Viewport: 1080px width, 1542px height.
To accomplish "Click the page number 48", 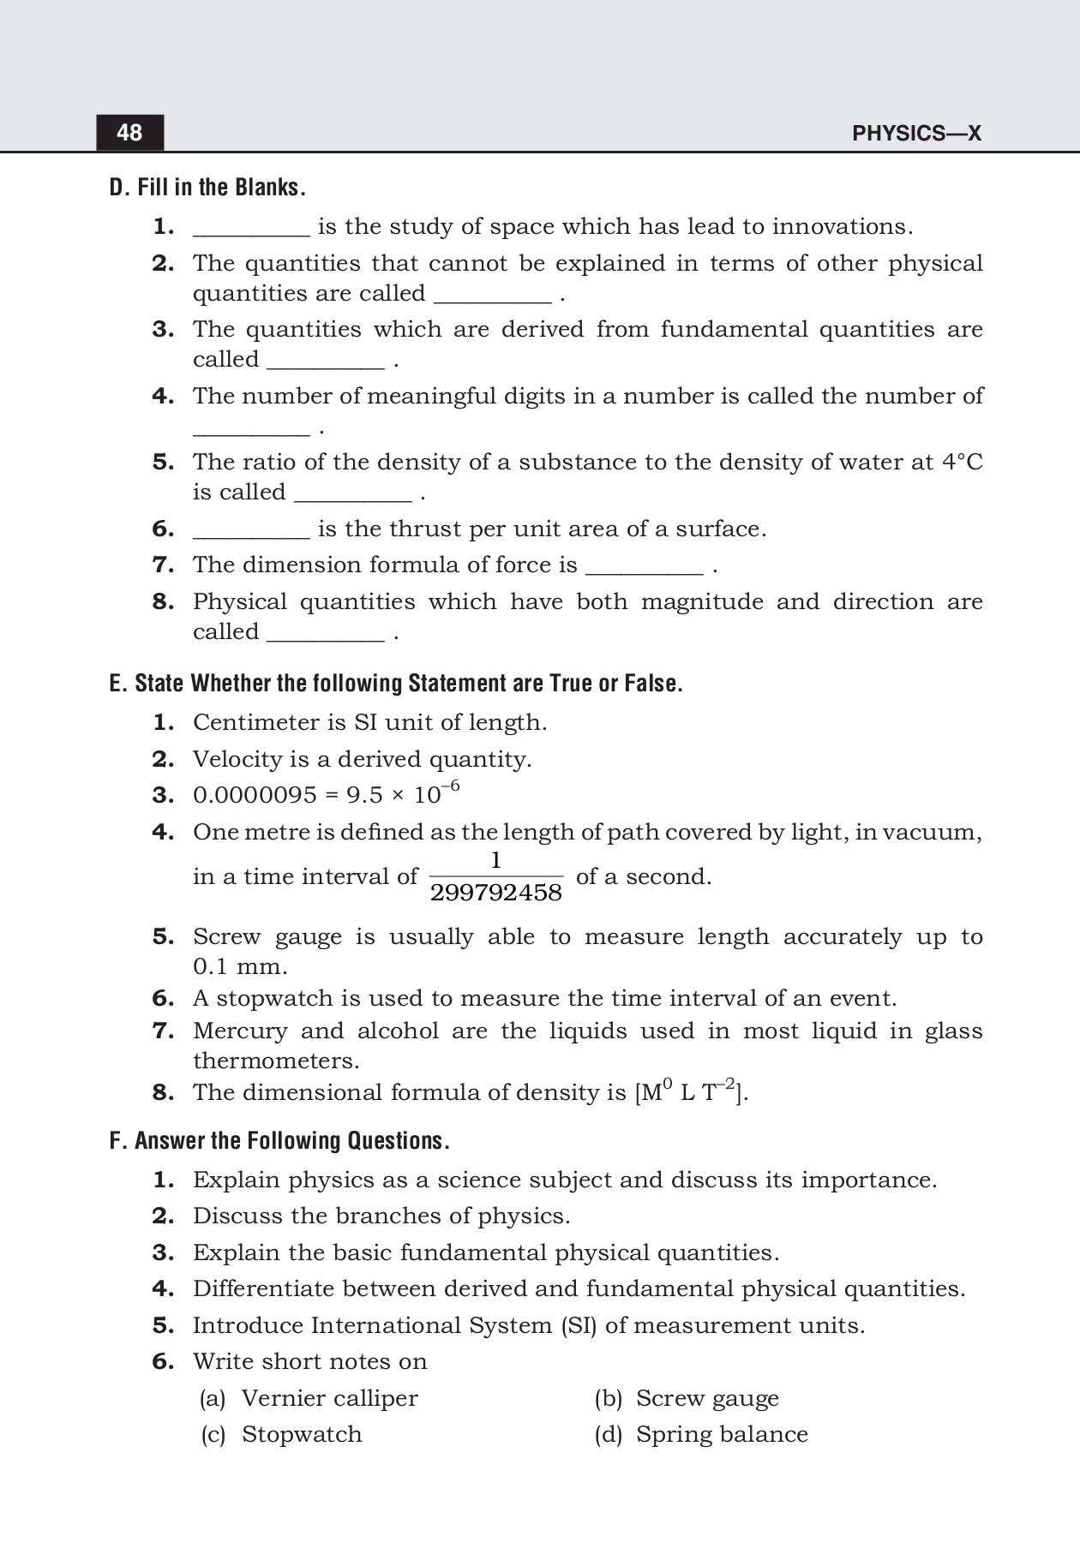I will (x=129, y=133).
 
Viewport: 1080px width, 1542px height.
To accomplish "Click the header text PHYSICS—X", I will (x=916, y=134).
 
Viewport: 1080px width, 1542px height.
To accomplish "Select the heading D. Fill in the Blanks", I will (x=207, y=188).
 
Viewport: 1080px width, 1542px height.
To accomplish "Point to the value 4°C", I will (x=962, y=463).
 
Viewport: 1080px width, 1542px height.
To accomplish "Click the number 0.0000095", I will (x=255, y=796).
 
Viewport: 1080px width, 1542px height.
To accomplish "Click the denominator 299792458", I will (x=495, y=894).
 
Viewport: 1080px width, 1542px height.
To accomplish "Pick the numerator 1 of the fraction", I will (x=495, y=860).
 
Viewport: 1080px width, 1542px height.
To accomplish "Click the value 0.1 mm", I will (x=239, y=967).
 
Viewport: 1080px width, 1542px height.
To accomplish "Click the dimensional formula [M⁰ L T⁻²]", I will (x=691, y=1092).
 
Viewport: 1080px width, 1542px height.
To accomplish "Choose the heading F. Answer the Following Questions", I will (x=279, y=1141).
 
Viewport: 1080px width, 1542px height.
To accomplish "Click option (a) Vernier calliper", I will (x=309, y=1399).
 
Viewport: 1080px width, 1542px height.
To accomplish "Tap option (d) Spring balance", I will (x=701, y=1435).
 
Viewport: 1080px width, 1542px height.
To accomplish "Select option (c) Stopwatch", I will (x=281, y=1435).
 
